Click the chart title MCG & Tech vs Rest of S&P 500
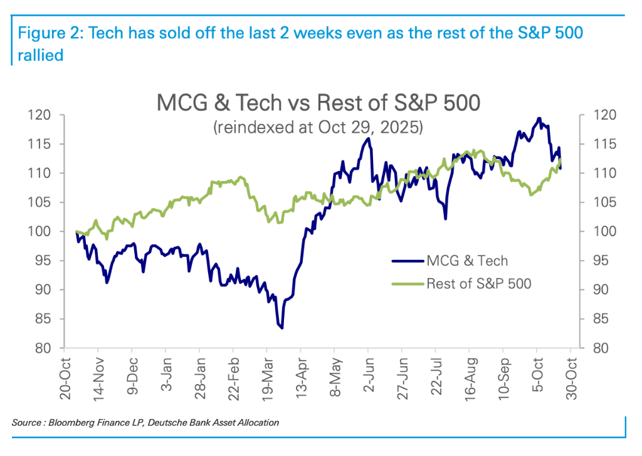click(318, 103)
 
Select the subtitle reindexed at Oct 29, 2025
click(318, 127)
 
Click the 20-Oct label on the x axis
click(65, 378)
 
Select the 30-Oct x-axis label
click(572, 378)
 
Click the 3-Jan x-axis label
click(166, 375)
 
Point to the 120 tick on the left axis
click(39, 115)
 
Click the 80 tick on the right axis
click(601, 348)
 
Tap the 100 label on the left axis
click(39, 232)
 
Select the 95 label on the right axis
click(601, 261)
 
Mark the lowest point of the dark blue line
click(282, 328)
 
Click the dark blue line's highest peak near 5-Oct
click(539, 118)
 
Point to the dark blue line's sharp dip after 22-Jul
click(445, 219)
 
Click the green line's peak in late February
click(241, 177)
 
